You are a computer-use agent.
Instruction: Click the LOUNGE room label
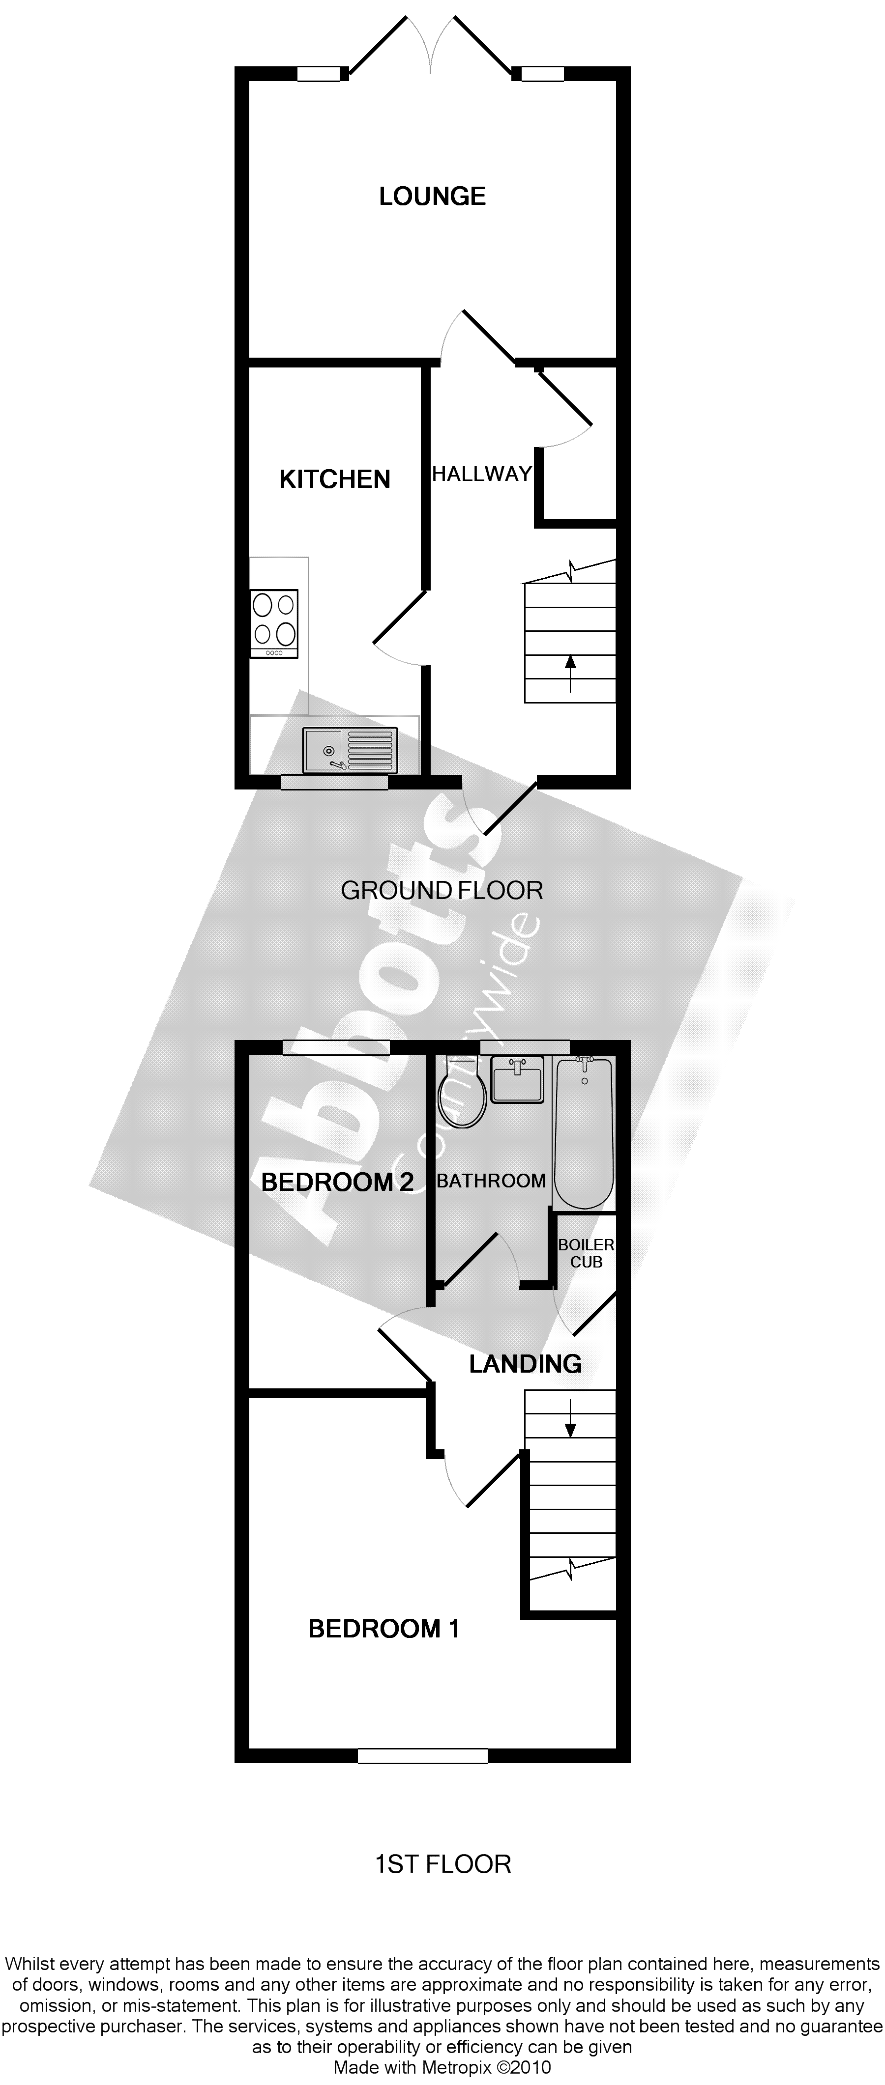[x=432, y=196]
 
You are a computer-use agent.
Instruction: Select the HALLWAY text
[x=482, y=474]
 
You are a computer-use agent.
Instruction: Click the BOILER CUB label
[x=586, y=1253]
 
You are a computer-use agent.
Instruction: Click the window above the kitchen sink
[x=333, y=782]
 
